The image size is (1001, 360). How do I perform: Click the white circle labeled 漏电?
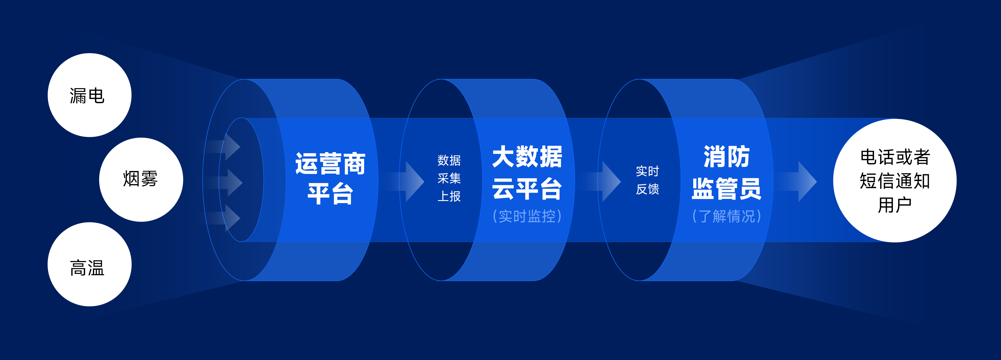[89, 95]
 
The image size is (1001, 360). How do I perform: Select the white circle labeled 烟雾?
[141, 180]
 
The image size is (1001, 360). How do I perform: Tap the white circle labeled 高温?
[89, 264]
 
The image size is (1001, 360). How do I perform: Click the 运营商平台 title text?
[330, 178]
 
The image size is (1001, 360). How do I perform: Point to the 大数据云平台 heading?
[527, 172]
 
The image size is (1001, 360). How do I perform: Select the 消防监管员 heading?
[726, 172]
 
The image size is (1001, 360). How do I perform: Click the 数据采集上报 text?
[449, 178]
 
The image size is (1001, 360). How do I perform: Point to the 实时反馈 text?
[647, 180]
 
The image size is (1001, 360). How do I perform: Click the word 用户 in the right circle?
[895, 205]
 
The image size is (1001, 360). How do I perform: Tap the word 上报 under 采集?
[449, 196]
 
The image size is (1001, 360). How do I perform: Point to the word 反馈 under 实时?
[647, 189]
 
